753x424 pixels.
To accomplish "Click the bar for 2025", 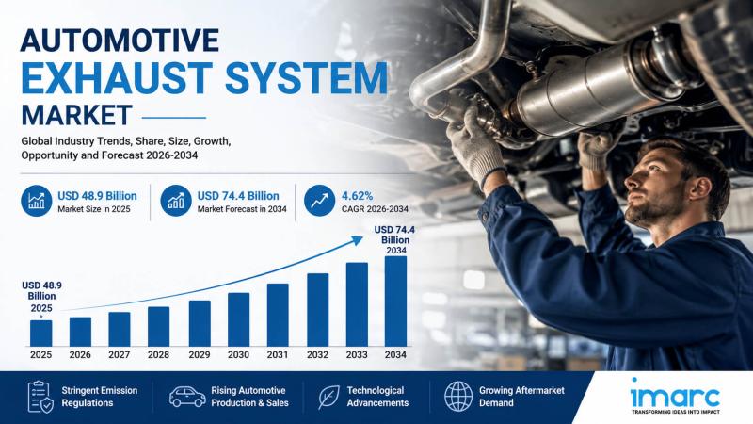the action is (x=40, y=334).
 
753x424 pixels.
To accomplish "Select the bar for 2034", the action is (x=395, y=301).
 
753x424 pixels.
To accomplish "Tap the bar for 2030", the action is (x=239, y=319).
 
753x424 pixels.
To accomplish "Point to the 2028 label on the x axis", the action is (x=158, y=355).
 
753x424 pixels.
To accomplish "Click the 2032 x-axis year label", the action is (x=317, y=355).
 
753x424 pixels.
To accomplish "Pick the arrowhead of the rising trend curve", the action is (x=357, y=240).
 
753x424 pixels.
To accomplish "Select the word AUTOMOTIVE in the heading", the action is (x=120, y=40).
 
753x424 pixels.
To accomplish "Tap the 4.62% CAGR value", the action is (x=357, y=196).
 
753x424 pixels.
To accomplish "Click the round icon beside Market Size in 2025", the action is (x=37, y=201).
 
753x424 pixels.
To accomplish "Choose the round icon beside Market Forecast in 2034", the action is (x=176, y=201).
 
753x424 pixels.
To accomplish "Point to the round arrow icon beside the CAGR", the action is (x=319, y=201).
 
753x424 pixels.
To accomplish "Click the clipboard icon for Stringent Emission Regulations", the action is (x=40, y=397).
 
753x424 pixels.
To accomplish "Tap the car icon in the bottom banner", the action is (x=187, y=397).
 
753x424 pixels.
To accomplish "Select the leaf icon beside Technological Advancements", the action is (x=328, y=397).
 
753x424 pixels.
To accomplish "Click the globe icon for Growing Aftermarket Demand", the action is (x=458, y=397).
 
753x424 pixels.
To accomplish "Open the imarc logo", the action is (x=675, y=396).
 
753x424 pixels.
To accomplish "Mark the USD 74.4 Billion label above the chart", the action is (x=394, y=240).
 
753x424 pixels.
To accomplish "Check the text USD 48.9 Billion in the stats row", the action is (x=98, y=196).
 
